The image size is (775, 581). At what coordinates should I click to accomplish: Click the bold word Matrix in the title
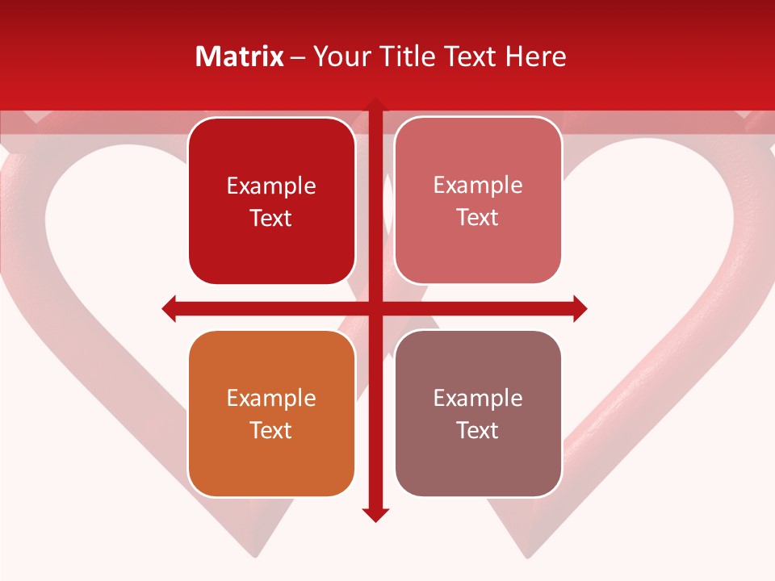click(x=240, y=56)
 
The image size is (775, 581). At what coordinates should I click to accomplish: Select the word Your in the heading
click(x=339, y=56)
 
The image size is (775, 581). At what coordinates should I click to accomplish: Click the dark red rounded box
click(x=271, y=201)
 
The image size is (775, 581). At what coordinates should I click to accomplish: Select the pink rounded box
click(x=478, y=201)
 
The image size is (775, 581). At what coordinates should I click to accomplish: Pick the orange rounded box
click(x=271, y=413)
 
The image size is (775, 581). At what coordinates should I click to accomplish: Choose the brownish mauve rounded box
click(x=478, y=413)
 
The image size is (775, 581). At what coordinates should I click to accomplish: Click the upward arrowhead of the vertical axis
click(x=375, y=104)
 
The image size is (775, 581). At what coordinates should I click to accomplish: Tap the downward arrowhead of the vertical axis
click(x=375, y=515)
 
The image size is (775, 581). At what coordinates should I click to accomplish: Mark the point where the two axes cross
click(x=375, y=308)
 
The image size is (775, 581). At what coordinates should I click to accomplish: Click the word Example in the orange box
click(x=271, y=398)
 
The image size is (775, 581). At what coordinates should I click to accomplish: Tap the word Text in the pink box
click(x=478, y=218)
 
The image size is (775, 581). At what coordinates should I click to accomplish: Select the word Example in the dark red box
click(x=271, y=186)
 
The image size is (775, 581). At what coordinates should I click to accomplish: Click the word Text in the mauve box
click(x=478, y=430)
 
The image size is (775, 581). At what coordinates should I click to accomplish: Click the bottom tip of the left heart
click(x=254, y=555)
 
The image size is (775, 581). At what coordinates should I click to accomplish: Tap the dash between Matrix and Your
click(x=298, y=57)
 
